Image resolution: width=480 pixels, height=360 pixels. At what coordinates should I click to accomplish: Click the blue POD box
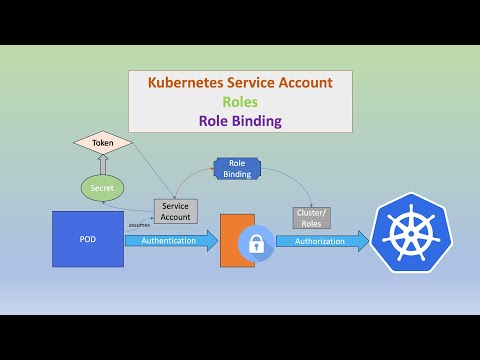[88, 239]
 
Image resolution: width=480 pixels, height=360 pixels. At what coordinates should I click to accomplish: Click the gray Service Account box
[176, 211]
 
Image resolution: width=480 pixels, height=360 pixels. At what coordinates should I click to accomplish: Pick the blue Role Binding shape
[238, 168]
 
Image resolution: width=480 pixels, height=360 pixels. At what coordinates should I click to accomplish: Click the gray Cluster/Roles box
[311, 217]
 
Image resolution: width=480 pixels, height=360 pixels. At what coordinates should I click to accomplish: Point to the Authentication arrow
[170, 241]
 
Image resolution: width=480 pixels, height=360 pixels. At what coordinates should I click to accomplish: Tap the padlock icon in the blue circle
[256, 243]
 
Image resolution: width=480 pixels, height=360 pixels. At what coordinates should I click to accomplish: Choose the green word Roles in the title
[241, 102]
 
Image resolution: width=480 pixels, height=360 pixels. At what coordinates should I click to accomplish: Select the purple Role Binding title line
[241, 120]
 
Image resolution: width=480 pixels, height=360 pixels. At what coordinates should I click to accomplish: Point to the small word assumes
[139, 225]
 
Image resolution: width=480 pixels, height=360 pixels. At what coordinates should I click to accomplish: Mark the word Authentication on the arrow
[168, 241]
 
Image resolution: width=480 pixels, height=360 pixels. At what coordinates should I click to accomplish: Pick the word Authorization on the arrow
[319, 241]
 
